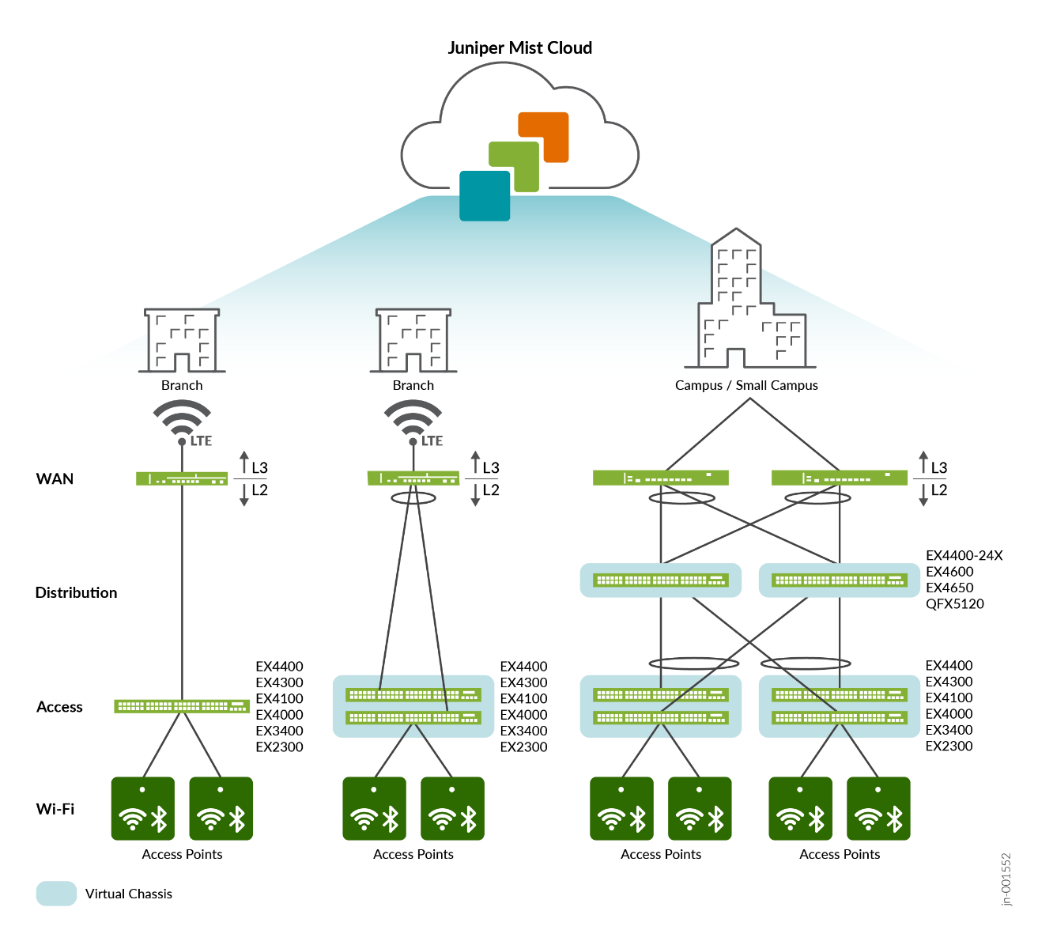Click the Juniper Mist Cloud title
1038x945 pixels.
click(x=519, y=48)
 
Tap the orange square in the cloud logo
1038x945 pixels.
click(x=544, y=137)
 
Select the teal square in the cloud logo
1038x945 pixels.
click(x=485, y=195)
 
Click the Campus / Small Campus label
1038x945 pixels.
click(x=746, y=386)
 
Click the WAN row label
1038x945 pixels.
click(x=55, y=478)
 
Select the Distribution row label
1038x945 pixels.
click(x=76, y=592)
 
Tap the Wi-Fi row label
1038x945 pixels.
click(x=55, y=809)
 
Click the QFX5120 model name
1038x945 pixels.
click(x=955, y=604)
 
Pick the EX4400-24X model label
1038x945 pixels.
click(x=964, y=556)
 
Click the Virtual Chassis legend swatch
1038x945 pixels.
click(x=56, y=894)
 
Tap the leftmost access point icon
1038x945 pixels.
click(x=143, y=808)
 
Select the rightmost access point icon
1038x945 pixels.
click(x=878, y=808)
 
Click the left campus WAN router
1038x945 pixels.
click(x=661, y=478)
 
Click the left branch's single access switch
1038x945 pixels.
click(x=182, y=706)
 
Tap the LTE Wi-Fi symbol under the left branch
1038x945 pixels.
click(x=183, y=421)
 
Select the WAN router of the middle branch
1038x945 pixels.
click(x=413, y=478)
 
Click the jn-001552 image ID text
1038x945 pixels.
click(x=1006, y=878)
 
